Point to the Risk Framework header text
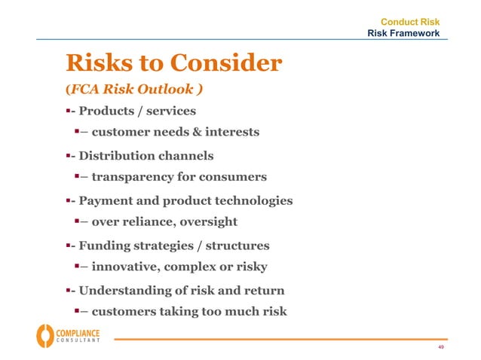[x=403, y=34]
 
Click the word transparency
[x=136, y=178]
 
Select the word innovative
[x=126, y=267]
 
